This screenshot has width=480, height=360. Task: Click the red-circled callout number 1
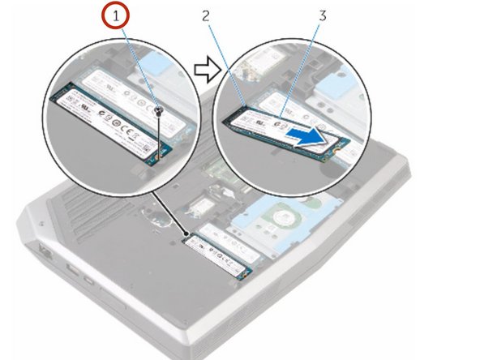coord(115,15)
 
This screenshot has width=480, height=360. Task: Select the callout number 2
coord(205,15)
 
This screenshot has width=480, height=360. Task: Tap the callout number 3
coord(323,15)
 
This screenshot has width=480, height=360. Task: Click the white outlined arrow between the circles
coord(208,69)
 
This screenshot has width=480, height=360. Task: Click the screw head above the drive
coord(159,110)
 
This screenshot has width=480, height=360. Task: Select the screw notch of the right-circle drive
coord(336,151)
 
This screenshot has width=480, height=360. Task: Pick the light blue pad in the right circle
coord(337,86)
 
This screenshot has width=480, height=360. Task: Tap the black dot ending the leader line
coord(186,234)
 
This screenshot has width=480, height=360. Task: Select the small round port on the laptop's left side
coord(89,280)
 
